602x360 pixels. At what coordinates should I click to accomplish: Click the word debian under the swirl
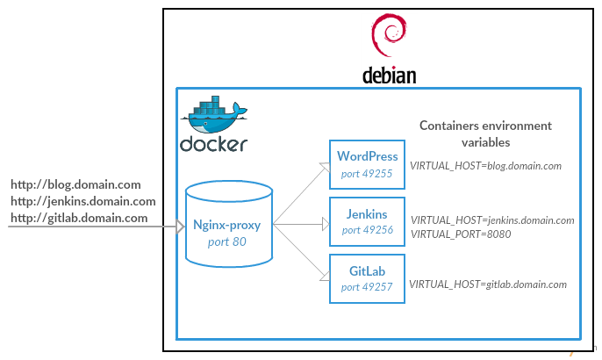(x=389, y=75)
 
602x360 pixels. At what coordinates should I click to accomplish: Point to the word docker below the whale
(x=213, y=144)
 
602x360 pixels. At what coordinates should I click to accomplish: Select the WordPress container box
(x=367, y=165)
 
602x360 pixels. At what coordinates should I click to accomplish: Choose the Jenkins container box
(x=367, y=221)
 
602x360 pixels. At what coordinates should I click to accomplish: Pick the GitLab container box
(x=367, y=278)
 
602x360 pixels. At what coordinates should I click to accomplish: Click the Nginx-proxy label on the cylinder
(x=228, y=225)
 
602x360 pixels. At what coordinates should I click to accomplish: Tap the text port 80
(x=228, y=241)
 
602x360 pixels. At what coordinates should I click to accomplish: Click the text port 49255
(x=368, y=174)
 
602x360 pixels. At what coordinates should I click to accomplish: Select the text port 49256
(x=368, y=230)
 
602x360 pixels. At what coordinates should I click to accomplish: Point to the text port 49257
(x=368, y=287)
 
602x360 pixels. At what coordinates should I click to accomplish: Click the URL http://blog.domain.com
(x=75, y=184)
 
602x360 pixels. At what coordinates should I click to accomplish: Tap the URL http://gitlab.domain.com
(x=79, y=218)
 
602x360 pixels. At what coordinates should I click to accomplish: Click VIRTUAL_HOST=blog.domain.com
(x=485, y=165)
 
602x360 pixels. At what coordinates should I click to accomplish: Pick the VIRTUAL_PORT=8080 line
(x=461, y=234)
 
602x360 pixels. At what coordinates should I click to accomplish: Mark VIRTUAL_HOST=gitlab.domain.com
(x=488, y=284)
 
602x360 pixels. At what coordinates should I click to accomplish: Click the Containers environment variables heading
(x=485, y=133)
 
